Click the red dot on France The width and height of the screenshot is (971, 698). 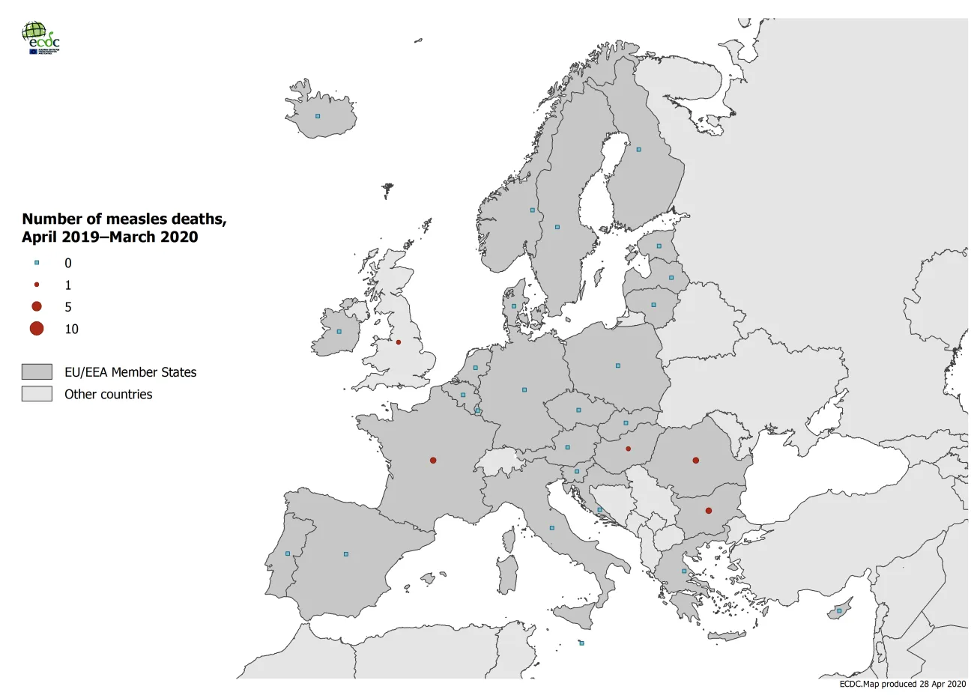(x=433, y=461)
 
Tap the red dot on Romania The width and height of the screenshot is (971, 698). (x=696, y=461)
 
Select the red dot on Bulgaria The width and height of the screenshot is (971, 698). (x=709, y=511)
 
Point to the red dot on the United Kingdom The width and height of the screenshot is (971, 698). (x=399, y=342)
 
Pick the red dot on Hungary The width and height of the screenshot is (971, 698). (x=629, y=449)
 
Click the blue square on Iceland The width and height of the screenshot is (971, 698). (x=318, y=116)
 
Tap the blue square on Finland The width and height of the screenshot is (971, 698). (x=639, y=150)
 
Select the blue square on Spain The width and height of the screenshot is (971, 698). (x=346, y=554)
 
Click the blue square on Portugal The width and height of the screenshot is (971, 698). (x=288, y=553)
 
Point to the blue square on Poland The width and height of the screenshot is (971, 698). (x=618, y=365)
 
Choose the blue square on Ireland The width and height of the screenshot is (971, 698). (x=339, y=332)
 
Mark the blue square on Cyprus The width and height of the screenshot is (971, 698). (x=839, y=611)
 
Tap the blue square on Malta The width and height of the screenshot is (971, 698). (x=582, y=643)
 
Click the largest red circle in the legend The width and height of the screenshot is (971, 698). (x=37, y=329)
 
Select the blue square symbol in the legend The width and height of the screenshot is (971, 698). (x=37, y=263)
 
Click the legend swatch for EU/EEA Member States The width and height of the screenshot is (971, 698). (x=37, y=372)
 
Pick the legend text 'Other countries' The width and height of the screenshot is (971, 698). (x=108, y=395)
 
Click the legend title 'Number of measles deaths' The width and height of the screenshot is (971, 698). (x=124, y=219)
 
